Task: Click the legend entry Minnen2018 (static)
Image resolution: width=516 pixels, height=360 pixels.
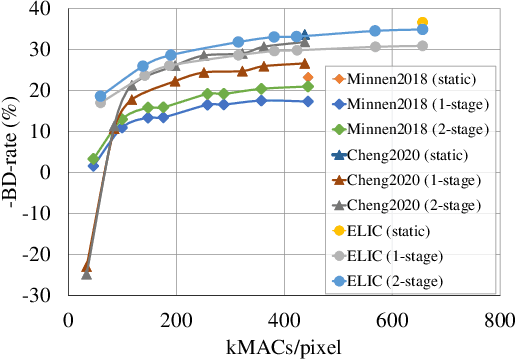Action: (410, 78)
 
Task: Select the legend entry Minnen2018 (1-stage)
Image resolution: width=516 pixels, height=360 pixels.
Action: (411, 103)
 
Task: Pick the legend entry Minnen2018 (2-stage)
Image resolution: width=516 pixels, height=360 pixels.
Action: (411, 128)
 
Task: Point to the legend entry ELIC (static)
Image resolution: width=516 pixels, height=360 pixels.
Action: (393, 231)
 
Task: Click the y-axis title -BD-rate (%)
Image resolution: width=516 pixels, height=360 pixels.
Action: (14, 150)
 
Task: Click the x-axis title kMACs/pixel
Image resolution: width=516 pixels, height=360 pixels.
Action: (283, 347)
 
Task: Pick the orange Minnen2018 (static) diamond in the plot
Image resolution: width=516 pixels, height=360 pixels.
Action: (308, 77)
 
